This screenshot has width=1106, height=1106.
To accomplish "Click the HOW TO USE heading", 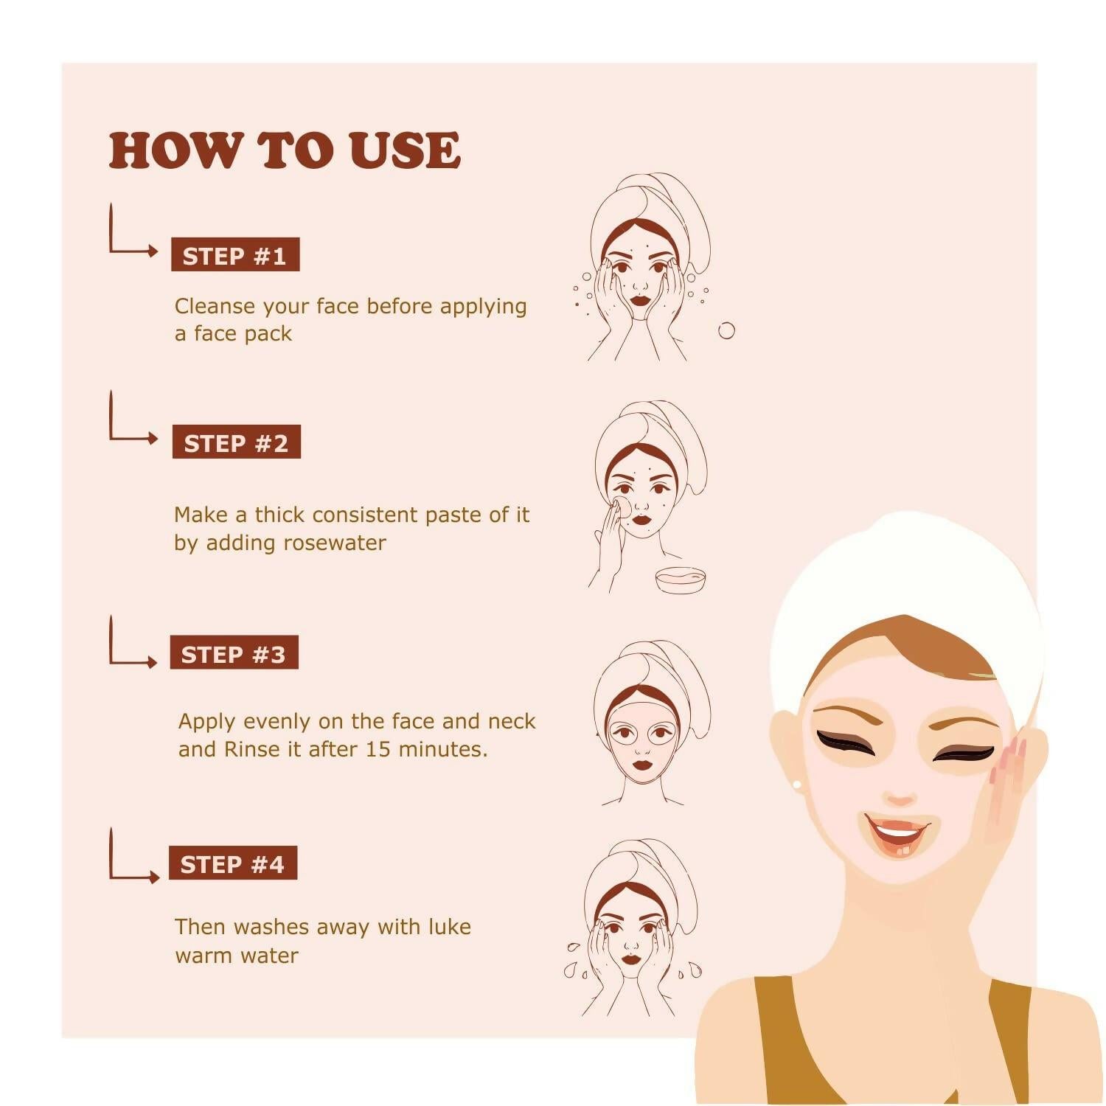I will point(285,150).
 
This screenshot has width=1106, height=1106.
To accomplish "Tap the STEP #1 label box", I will point(235,255).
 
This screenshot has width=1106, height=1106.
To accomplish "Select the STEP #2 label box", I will point(236,442).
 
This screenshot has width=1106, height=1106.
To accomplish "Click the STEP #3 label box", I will point(234,653).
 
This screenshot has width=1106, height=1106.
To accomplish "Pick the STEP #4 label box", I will point(232,863).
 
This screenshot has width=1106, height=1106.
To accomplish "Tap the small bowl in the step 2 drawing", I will point(681,579).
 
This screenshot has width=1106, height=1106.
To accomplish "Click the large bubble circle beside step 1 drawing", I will point(726,330).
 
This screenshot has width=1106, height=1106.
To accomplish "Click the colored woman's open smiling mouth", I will point(896,833).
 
